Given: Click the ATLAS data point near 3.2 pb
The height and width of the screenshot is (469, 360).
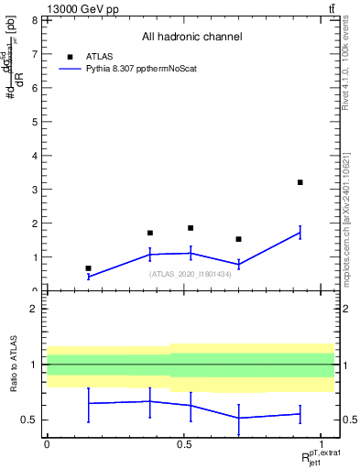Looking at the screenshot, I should [x=300, y=182].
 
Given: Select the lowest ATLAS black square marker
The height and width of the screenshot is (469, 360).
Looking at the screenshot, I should [x=88, y=268].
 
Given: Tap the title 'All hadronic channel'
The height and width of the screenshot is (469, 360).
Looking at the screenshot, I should [x=191, y=37].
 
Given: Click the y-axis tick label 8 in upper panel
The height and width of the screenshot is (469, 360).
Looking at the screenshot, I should [x=34, y=19].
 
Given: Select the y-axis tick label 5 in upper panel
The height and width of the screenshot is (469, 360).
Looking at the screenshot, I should [x=34, y=121].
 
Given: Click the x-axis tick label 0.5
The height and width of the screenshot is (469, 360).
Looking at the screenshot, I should [x=184, y=443].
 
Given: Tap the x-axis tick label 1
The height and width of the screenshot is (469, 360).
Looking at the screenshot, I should [x=322, y=443].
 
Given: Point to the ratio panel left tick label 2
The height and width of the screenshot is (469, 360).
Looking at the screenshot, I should [x=34, y=309].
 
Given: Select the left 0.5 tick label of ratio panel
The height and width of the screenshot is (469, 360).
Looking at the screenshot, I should [x=29, y=420].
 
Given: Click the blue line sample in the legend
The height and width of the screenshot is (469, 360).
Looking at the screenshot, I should [x=71, y=68].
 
